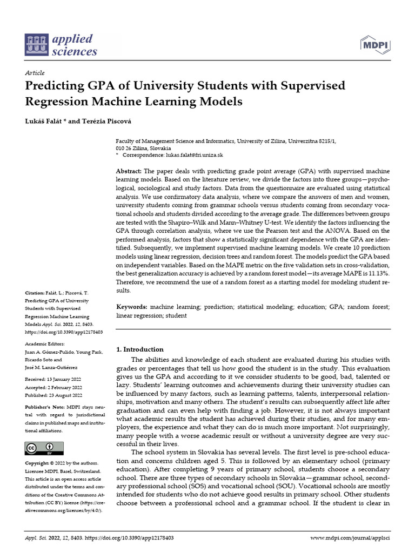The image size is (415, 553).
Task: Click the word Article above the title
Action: pos(35,73)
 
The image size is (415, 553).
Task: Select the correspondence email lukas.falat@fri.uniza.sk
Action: pos(193,154)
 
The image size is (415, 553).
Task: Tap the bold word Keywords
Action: pos(132,306)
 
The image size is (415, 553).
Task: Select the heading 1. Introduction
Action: pos(140,349)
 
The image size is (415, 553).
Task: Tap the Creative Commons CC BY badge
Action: pos(44,448)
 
